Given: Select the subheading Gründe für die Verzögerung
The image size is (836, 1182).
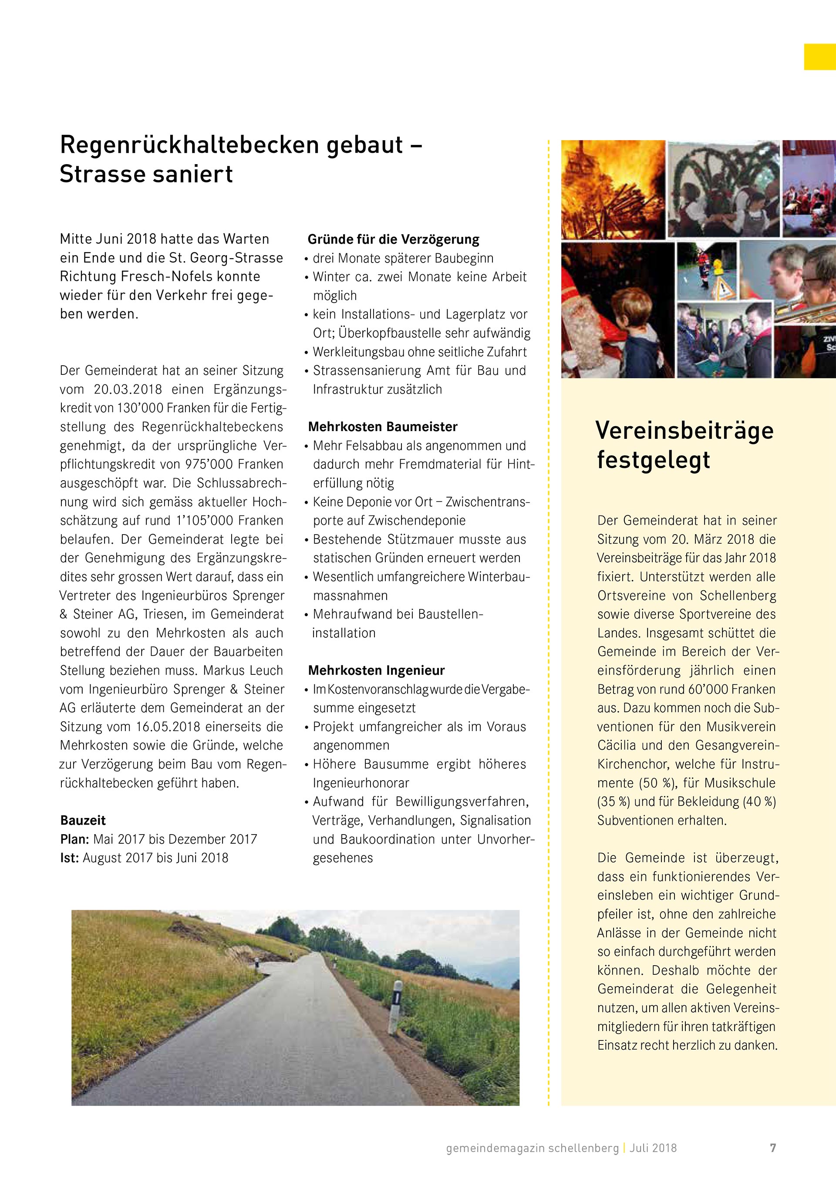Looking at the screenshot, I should pos(393,239).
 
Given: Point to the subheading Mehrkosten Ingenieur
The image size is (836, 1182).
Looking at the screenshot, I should pos(376,670).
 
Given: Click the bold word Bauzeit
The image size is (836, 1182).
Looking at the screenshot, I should pos(83,820).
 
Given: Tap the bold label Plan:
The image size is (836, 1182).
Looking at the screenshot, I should pos(74,839).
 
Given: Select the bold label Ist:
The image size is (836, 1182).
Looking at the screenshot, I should pos(70,858).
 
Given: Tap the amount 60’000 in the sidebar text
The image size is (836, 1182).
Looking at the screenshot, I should pos(707,689).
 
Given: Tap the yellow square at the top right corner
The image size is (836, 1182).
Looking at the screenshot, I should pos(819,57).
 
